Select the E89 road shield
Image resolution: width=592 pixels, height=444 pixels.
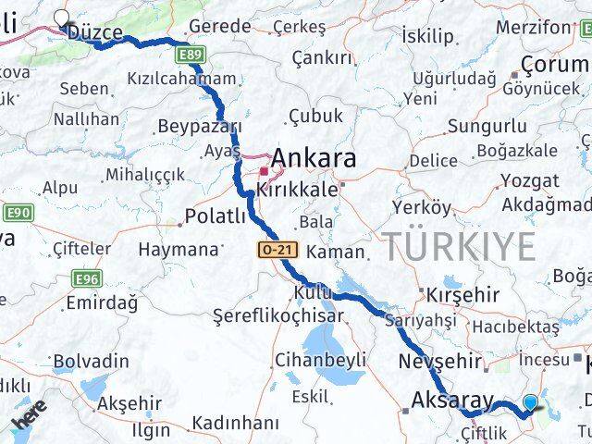click(191, 57)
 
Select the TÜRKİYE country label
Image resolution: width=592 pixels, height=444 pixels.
click(460, 247)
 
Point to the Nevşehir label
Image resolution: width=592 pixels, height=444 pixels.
click(440, 361)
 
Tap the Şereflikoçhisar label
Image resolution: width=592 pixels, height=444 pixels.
click(278, 315)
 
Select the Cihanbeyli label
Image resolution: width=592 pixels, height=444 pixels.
click(321, 360)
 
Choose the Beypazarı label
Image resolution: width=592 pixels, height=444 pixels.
click(200, 126)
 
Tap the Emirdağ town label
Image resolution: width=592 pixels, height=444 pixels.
click(102, 302)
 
